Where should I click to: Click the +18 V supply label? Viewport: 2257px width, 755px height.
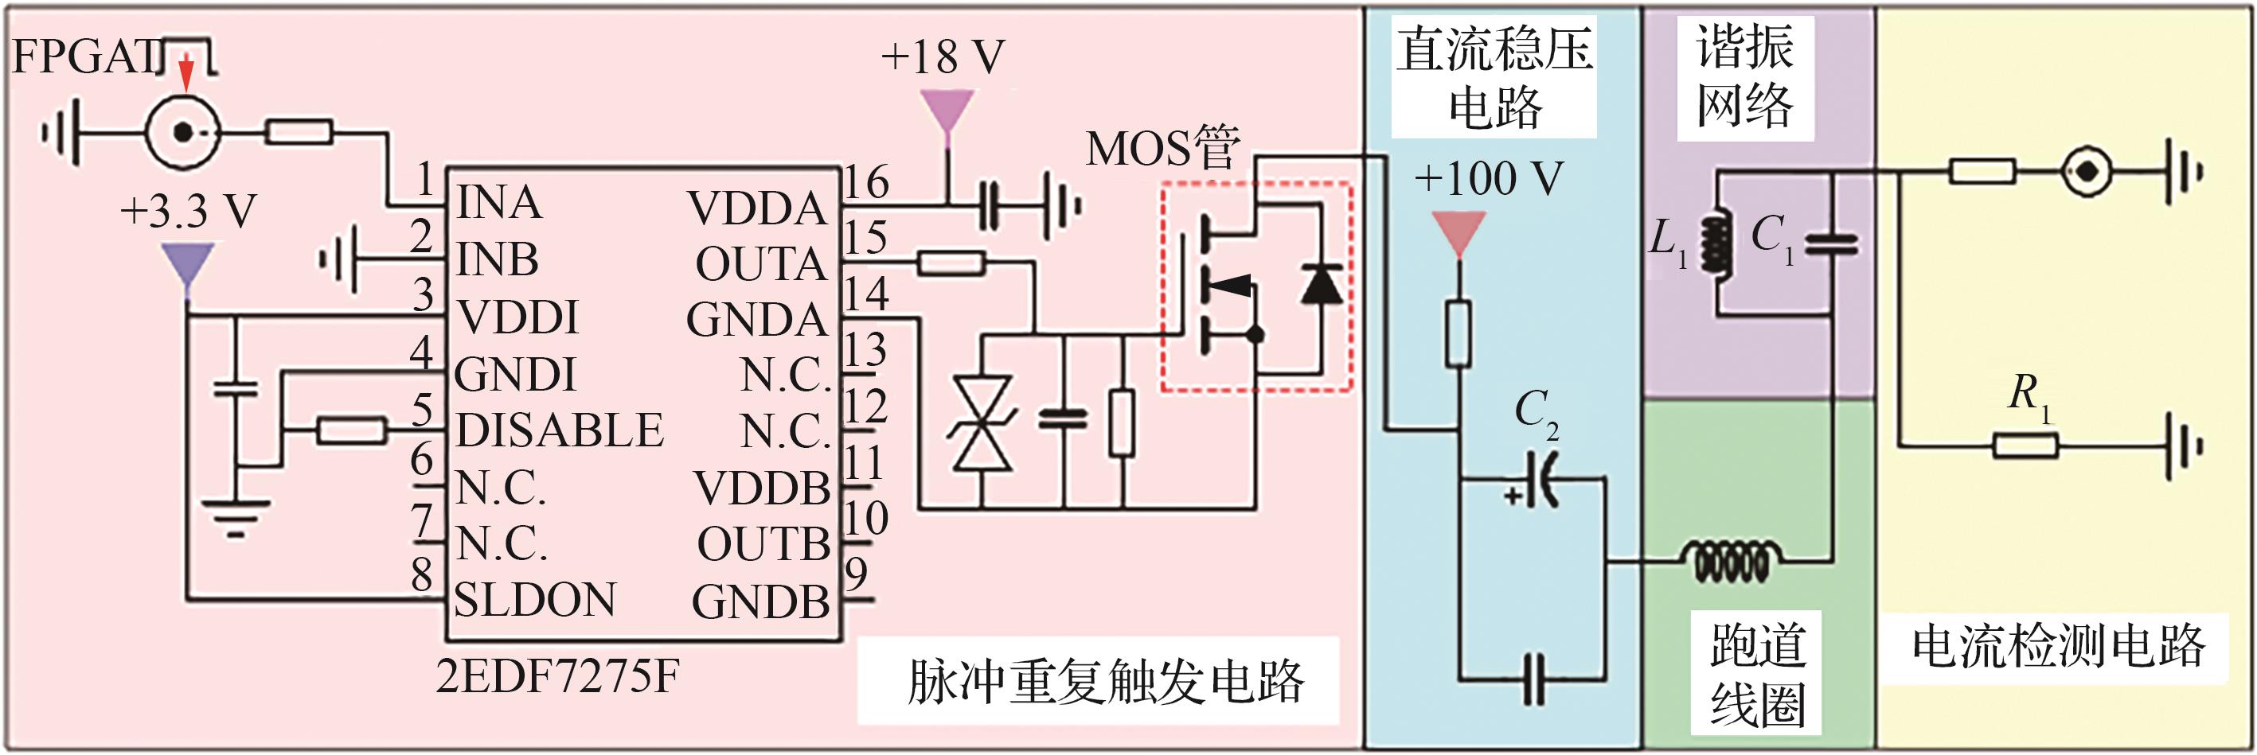[943, 57]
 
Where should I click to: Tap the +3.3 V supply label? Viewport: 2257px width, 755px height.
[188, 211]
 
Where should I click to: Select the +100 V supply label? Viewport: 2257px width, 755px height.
[1489, 179]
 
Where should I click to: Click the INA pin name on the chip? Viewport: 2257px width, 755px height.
[498, 202]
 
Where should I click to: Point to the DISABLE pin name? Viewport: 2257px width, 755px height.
[560, 430]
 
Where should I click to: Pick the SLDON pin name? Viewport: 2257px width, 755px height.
[534, 600]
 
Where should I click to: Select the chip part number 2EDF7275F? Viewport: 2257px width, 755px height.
[557, 676]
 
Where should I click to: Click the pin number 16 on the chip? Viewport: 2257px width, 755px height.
[865, 182]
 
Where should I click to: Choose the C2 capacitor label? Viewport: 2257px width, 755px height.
[1536, 411]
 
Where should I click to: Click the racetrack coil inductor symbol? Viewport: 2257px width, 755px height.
[1731, 561]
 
